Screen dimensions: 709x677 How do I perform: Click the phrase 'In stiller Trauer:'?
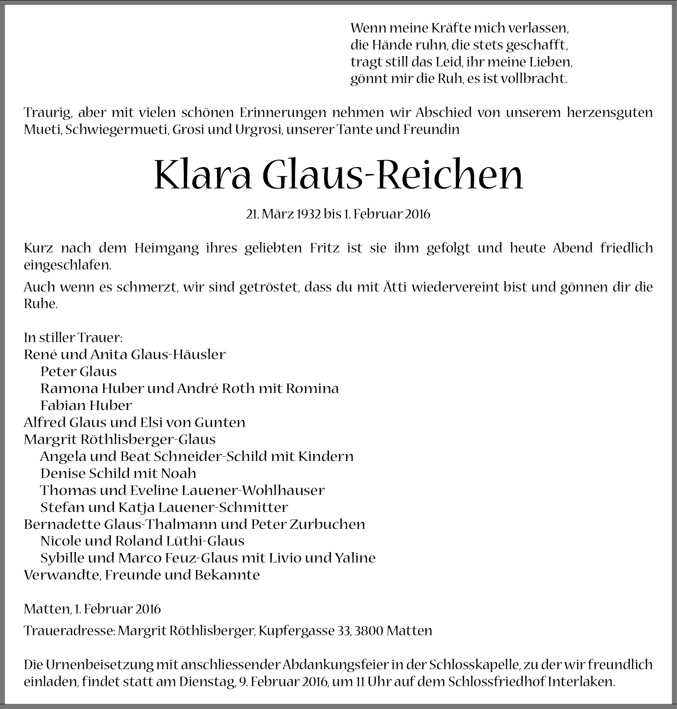[x=73, y=338]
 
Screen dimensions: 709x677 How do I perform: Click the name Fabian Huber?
[x=86, y=406]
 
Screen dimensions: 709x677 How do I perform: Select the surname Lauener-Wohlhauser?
[x=253, y=490]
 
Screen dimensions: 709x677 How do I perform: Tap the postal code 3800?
[x=369, y=630]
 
